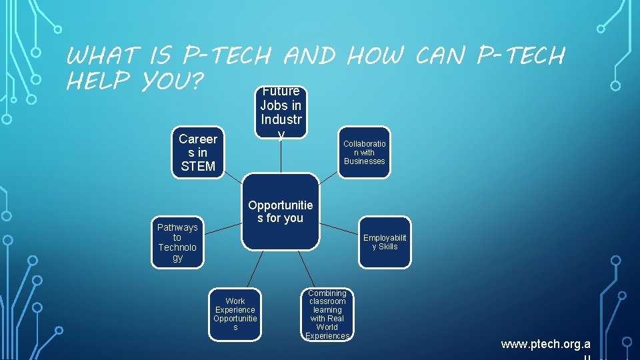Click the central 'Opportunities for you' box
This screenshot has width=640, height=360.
[x=280, y=212]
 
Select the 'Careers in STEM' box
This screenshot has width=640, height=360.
[x=198, y=153]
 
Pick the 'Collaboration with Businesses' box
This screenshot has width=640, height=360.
[x=364, y=153]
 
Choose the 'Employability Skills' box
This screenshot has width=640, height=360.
[x=385, y=242]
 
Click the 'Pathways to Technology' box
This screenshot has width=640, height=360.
[x=177, y=242]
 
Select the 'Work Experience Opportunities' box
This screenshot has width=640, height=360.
[x=235, y=314]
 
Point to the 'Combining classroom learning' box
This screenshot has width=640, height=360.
[x=327, y=314]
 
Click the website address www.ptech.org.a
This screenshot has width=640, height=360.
[x=545, y=344]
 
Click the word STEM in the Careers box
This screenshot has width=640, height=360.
[x=198, y=166]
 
